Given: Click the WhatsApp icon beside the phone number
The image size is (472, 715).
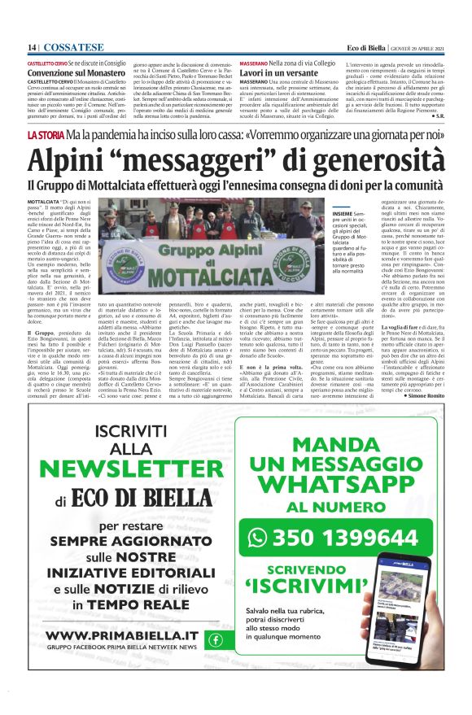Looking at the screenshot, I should tap(258, 537).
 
